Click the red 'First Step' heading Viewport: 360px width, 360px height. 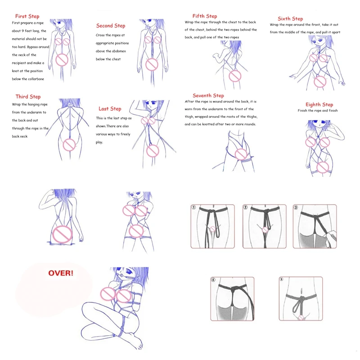point(27,16)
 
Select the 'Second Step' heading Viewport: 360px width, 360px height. point(111,26)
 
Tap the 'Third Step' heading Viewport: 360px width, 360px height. point(28,97)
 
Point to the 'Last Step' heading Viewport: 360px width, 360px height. point(110,108)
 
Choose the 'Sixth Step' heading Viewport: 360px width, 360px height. point(290,18)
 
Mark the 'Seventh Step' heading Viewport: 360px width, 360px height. point(208,95)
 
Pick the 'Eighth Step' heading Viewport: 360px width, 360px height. point(319,104)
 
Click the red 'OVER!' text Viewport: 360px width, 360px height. point(61,273)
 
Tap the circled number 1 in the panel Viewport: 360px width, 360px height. point(194,208)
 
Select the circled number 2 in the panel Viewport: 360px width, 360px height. point(245,208)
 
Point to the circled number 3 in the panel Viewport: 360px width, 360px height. point(295,208)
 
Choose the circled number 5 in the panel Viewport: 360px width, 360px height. point(282,279)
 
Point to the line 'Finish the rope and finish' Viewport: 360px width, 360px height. point(318,111)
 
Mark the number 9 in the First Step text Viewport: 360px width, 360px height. point(24,31)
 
